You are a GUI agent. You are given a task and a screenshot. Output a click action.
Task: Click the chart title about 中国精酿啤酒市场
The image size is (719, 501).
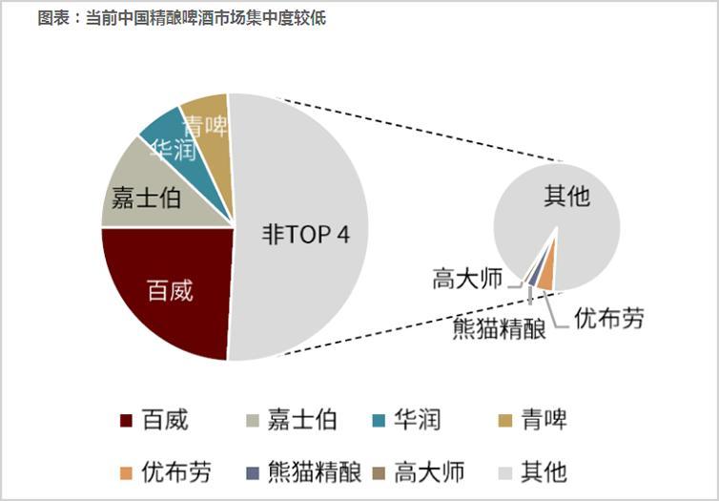181,18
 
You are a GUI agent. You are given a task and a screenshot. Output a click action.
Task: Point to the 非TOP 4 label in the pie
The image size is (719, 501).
305,235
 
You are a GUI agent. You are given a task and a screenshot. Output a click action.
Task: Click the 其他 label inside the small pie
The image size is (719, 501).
566,197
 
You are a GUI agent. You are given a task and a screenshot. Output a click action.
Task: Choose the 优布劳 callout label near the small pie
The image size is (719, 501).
608,318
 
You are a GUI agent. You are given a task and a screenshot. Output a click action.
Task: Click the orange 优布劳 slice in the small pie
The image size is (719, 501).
546,277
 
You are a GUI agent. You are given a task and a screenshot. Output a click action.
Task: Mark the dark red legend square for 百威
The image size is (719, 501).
125,421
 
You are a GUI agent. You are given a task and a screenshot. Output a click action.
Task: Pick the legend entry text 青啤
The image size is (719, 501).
544,420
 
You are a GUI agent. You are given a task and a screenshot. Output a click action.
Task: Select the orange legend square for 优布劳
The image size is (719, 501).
125,471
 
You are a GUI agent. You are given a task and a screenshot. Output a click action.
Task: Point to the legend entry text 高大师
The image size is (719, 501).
428,471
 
